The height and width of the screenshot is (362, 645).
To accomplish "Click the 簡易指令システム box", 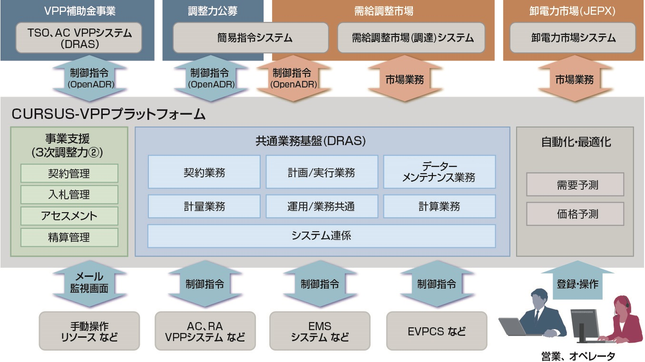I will click(251, 38).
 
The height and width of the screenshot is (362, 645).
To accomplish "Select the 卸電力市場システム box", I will click(573, 38).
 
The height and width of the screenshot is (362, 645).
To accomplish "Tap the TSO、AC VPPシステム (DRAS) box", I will click(79, 38).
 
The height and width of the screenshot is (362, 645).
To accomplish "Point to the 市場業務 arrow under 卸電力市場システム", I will click(574, 78).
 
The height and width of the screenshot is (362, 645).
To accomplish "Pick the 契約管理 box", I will click(69, 174).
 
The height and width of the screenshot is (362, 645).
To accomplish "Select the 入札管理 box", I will click(69, 195).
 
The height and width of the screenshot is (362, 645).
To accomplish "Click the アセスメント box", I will click(69, 216).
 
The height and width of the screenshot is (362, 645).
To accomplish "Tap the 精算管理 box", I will click(69, 237).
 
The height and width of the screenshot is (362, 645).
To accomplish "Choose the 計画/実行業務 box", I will click(322, 172).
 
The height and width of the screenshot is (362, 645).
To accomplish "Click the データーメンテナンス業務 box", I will click(439, 172).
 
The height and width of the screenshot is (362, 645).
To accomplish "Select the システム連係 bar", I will click(322, 236).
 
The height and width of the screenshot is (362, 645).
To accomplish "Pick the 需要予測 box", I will click(575, 185).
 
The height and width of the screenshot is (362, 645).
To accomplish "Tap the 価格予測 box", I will click(575, 214).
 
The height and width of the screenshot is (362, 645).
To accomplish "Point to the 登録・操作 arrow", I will click(577, 284).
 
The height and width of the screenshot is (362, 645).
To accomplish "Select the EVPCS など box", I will click(437, 331).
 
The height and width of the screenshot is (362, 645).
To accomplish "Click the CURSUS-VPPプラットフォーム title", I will click(108, 114).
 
